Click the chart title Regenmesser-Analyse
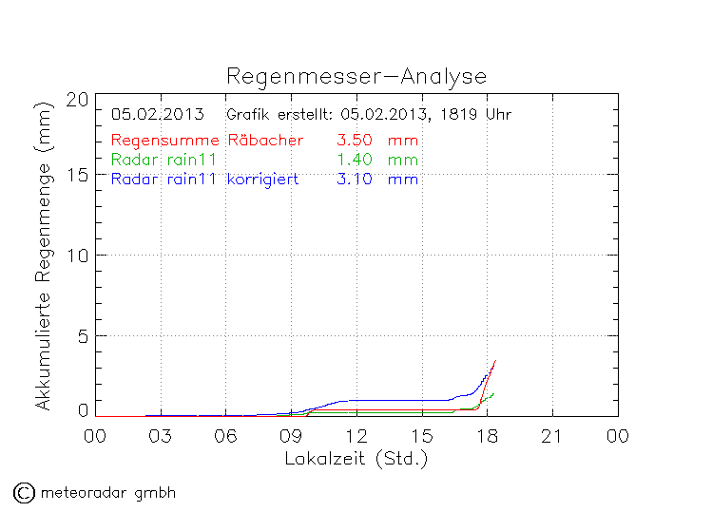click(356, 76)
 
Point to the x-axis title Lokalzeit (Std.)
click(356, 458)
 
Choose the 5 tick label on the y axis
click(83, 335)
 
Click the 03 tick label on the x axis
click(161, 436)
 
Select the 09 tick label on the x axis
click(291, 436)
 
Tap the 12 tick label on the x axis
click(356, 436)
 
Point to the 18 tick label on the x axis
click(487, 436)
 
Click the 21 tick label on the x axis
click(552, 436)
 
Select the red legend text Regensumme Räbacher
click(207, 141)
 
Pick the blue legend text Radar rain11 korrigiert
click(205, 179)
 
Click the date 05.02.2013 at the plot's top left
click(158, 115)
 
